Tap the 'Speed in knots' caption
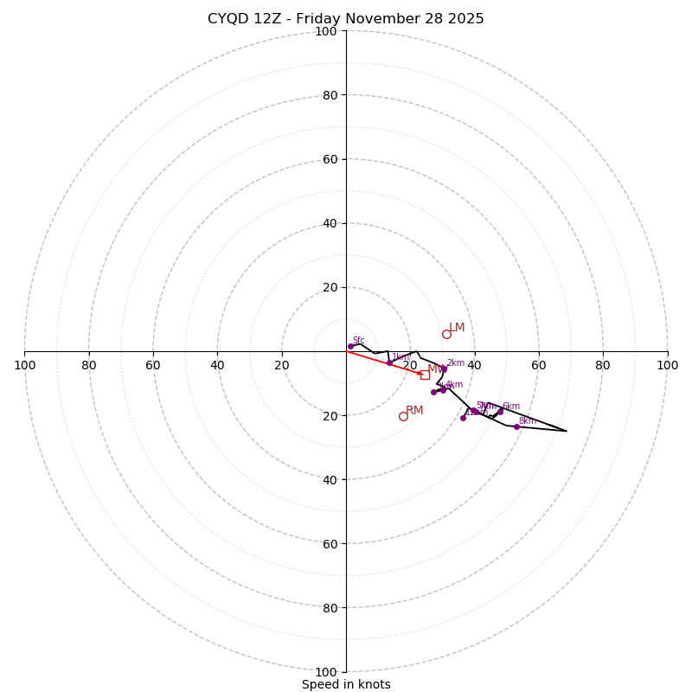(x=346, y=684)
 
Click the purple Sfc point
(x=350, y=346)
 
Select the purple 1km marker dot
(x=389, y=362)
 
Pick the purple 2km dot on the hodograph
(x=444, y=369)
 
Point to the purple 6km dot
(x=500, y=412)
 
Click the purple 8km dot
(x=516, y=426)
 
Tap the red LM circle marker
(x=446, y=334)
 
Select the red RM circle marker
(x=403, y=416)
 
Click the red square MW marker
(x=425, y=375)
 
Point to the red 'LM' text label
(x=457, y=328)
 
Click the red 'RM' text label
(x=415, y=411)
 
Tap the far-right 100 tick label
(x=667, y=365)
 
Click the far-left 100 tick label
(x=25, y=365)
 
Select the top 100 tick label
(x=326, y=31)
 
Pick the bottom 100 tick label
(x=326, y=672)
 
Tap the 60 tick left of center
(x=153, y=365)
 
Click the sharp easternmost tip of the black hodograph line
(x=567, y=431)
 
